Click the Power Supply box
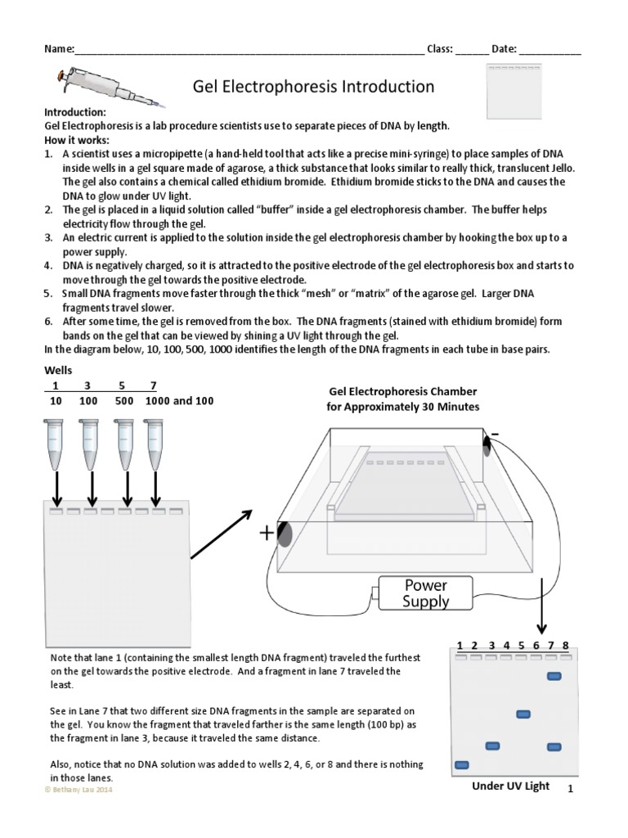coord(425,593)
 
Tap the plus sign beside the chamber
coord(267,534)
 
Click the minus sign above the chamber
coord(494,434)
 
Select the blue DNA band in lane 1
coord(461,764)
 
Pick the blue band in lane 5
coord(523,714)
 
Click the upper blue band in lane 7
coord(554,676)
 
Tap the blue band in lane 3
coord(492,746)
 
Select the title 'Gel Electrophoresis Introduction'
coord(313,87)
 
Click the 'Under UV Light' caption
coord(510,786)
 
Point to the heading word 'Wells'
coord(58,371)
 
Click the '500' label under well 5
coord(124,402)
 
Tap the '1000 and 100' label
coord(180,402)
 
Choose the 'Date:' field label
coord(504,49)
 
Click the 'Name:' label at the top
coord(58,49)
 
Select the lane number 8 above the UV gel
coord(566,645)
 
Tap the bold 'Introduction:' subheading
coord(74,111)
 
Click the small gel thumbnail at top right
coord(514,90)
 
